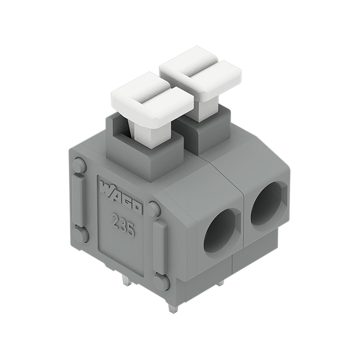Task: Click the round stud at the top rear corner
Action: tap(79, 166)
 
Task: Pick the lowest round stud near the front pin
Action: tap(161, 282)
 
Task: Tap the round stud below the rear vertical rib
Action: tap(81, 234)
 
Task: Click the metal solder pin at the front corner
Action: tap(172, 308)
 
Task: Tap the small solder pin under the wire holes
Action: tap(220, 283)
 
